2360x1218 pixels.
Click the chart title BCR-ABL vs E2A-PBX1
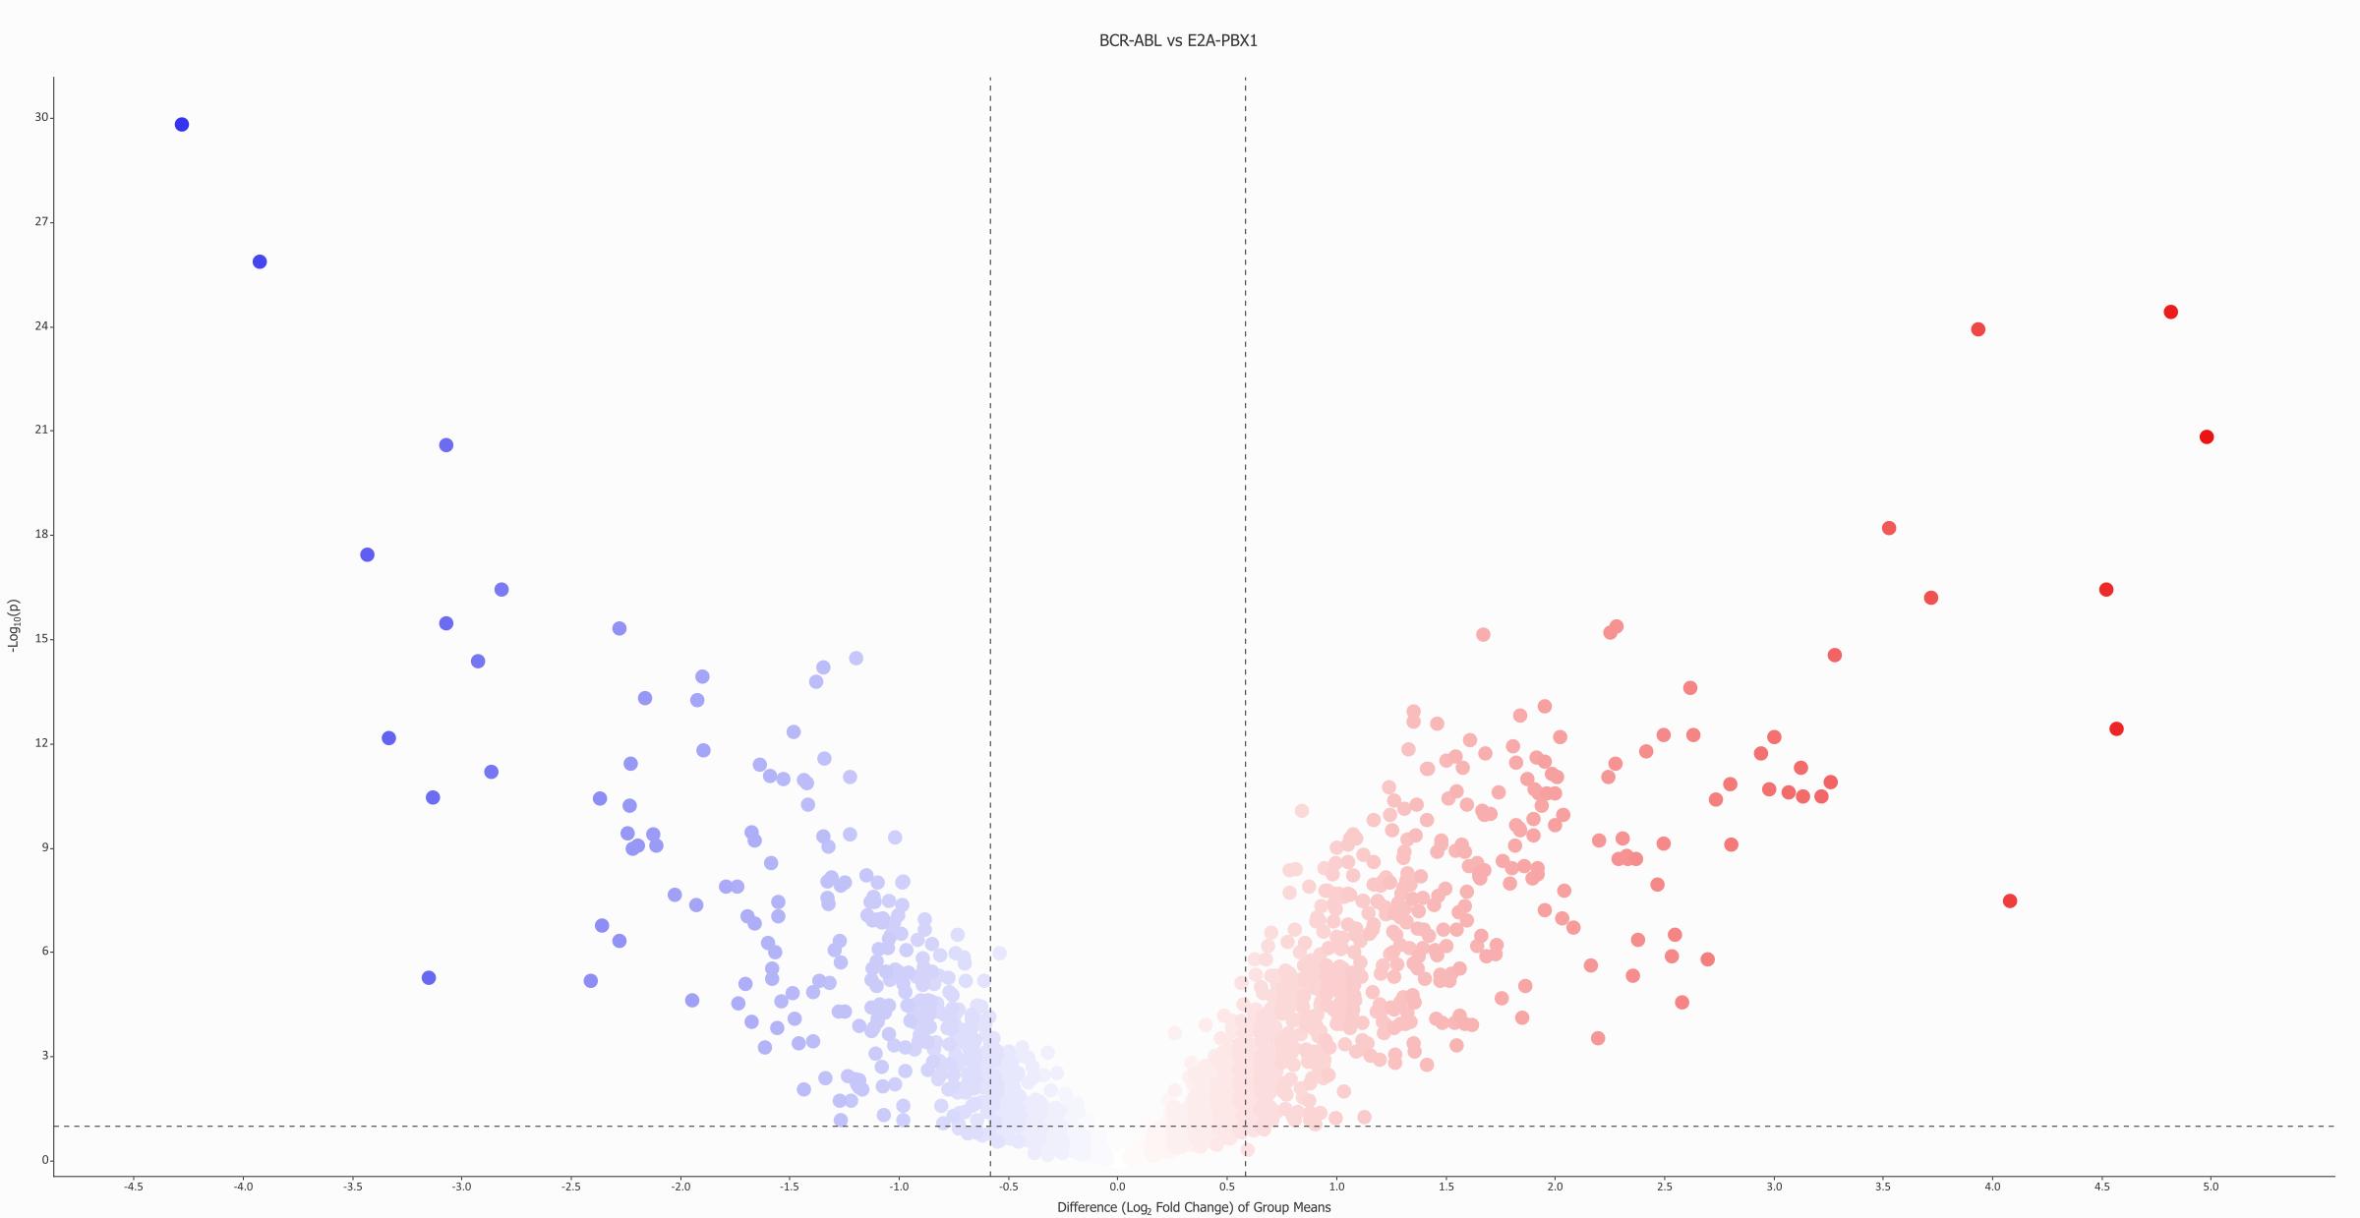1178,40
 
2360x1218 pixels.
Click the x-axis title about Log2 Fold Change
1194,1207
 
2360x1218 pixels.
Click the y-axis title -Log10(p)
14,625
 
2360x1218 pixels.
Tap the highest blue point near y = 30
182,125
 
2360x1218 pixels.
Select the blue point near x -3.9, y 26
260,261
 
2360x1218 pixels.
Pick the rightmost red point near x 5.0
2207,436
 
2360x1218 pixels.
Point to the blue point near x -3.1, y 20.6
446,445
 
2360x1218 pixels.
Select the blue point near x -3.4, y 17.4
368,554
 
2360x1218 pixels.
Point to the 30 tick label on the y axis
41,117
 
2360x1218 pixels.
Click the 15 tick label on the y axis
41,639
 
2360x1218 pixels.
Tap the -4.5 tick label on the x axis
134,1187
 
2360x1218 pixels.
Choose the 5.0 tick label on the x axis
2211,1187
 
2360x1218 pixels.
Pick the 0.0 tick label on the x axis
1117,1187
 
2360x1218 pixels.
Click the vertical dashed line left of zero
990,590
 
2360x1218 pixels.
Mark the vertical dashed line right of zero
1245,590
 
